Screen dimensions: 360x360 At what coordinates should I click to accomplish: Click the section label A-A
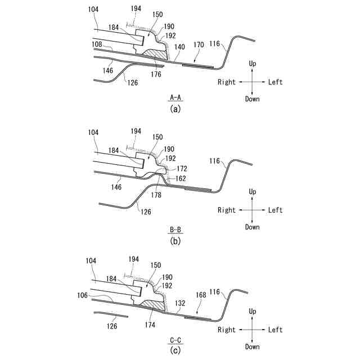tap(175, 98)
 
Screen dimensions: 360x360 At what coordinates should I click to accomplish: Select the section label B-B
tap(175, 229)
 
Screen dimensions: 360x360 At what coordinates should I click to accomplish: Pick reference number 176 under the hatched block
tap(156, 74)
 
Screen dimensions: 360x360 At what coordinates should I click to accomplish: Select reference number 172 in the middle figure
tap(181, 169)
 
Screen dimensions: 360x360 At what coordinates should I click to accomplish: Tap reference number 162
tap(181, 178)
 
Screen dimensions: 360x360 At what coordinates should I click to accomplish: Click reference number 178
tap(156, 195)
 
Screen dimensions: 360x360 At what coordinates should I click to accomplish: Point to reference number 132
tap(179, 302)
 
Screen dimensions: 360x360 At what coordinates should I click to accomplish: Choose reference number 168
tap(199, 308)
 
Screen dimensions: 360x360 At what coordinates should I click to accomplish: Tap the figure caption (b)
tap(175, 241)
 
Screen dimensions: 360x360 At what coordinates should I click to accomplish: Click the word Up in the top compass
tap(253, 65)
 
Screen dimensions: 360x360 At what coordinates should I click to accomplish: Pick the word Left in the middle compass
tap(275, 210)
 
